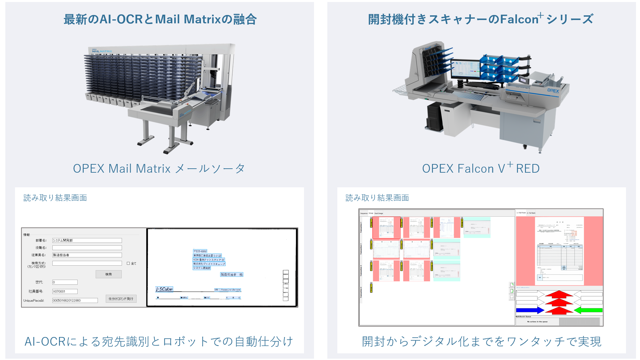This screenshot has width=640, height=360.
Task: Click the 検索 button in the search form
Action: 108,274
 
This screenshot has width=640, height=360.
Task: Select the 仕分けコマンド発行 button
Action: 121,299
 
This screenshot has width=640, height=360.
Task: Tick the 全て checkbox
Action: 128,263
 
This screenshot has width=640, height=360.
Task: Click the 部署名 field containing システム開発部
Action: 87,240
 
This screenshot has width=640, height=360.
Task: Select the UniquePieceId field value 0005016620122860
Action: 75,300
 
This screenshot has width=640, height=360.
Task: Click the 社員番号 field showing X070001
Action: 65,291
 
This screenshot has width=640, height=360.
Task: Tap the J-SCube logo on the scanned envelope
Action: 164,289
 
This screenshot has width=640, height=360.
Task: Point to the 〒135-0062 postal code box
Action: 200,251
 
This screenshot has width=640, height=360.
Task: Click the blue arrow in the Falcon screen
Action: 530,310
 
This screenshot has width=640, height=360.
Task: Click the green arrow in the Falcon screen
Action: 588,310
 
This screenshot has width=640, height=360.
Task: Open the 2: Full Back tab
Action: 531,213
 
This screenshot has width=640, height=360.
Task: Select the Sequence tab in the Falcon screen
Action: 364,213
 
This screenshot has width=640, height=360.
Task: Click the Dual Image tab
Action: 379,213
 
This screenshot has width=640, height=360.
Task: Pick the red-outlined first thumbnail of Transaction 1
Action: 386,227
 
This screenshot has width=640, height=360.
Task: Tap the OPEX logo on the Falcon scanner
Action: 553,90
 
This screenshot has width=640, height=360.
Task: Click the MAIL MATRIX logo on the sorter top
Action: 102,51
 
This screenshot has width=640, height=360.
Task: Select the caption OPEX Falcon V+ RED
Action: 481,168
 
